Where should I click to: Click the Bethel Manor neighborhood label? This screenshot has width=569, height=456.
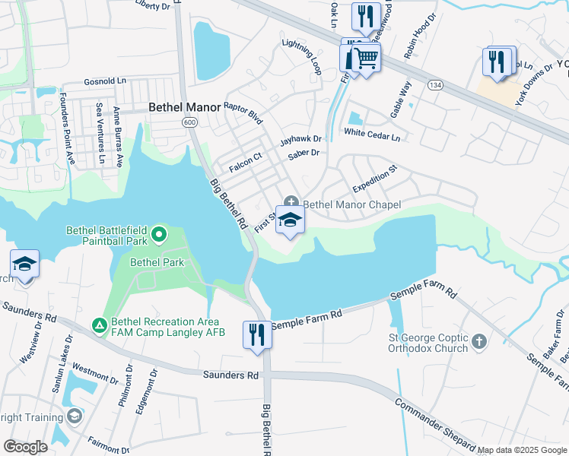(x=185, y=108)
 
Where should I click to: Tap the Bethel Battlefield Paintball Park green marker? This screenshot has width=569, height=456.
(x=158, y=234)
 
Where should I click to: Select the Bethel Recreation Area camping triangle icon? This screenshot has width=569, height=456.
(x=99, y=325)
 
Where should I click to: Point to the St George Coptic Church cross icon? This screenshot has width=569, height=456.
(x=478, y=341)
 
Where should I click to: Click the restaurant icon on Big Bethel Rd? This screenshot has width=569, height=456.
(x=256, y=334)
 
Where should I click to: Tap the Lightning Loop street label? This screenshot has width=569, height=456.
(x=302, y=57)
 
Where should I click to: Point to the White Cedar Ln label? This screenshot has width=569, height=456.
(x=371, y=134)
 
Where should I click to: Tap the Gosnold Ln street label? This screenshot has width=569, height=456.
(x=105, y=81)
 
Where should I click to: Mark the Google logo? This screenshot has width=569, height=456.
(x=25, y=447)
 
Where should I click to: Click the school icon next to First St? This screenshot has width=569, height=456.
(x=290, y=221)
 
